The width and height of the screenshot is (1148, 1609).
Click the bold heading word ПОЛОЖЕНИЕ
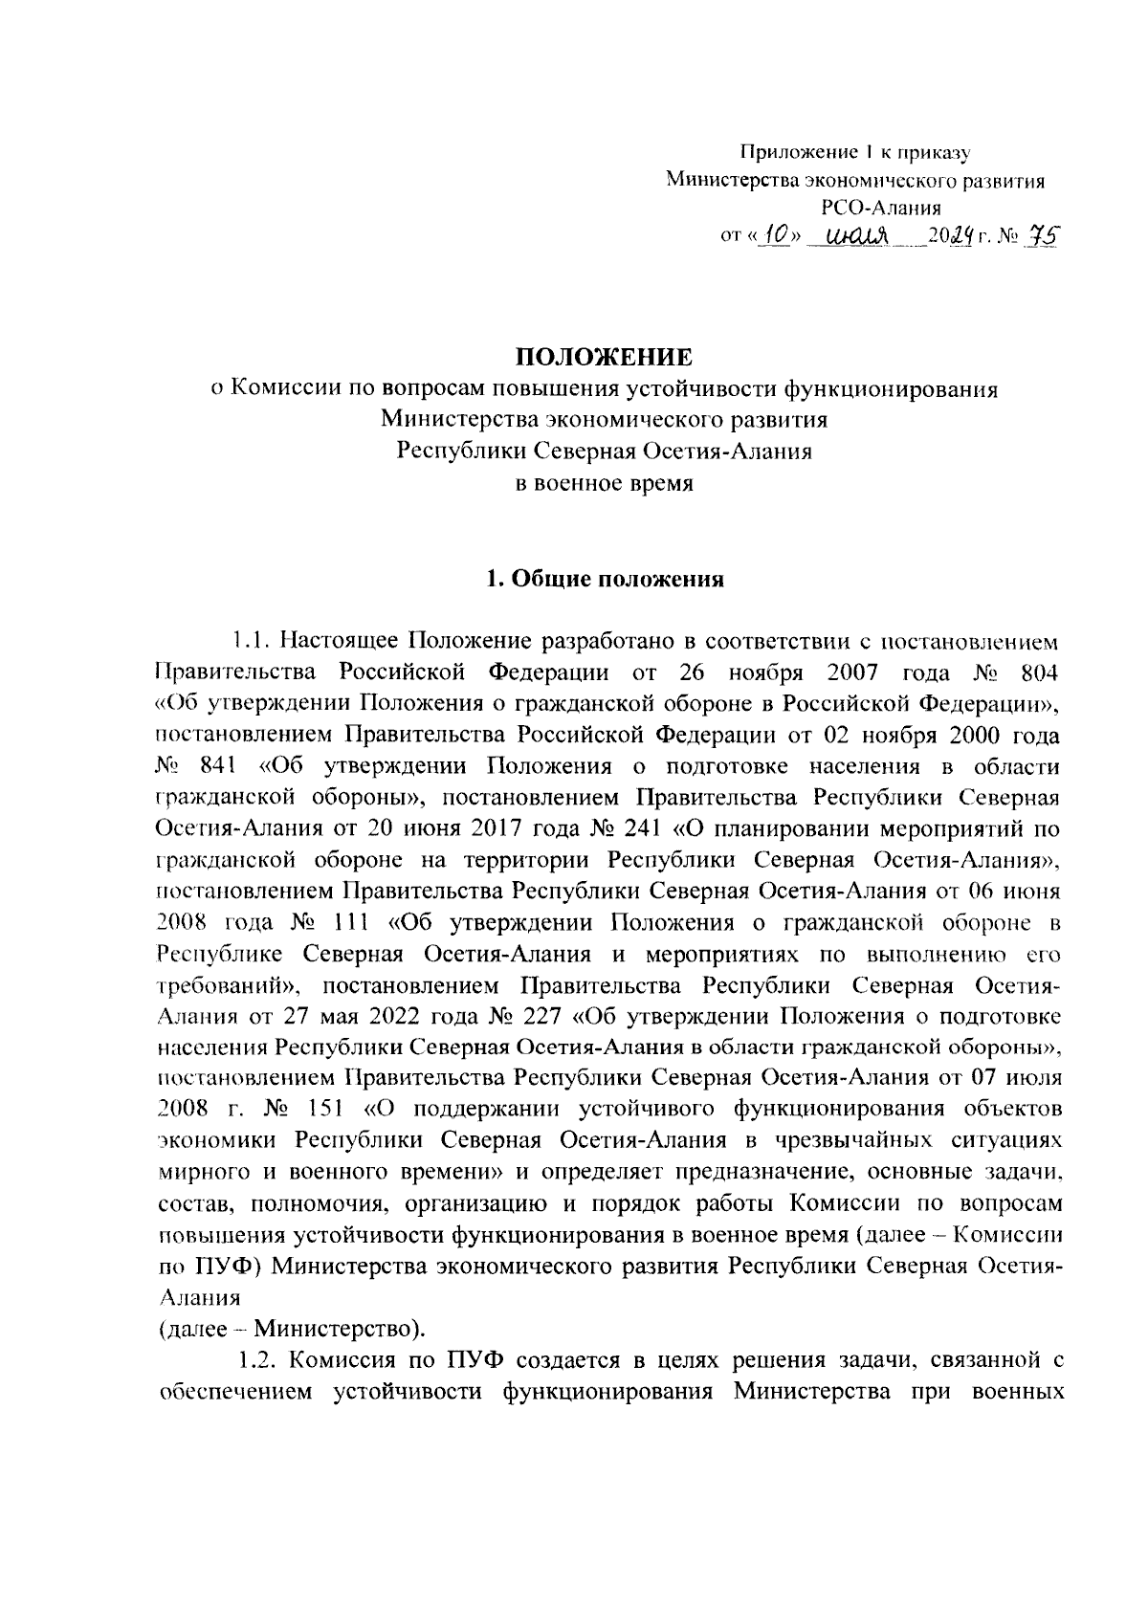pos(604,358)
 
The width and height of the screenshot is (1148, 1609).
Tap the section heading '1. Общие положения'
pos(605,579)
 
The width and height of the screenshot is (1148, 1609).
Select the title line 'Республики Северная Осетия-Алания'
pos(605,452)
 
